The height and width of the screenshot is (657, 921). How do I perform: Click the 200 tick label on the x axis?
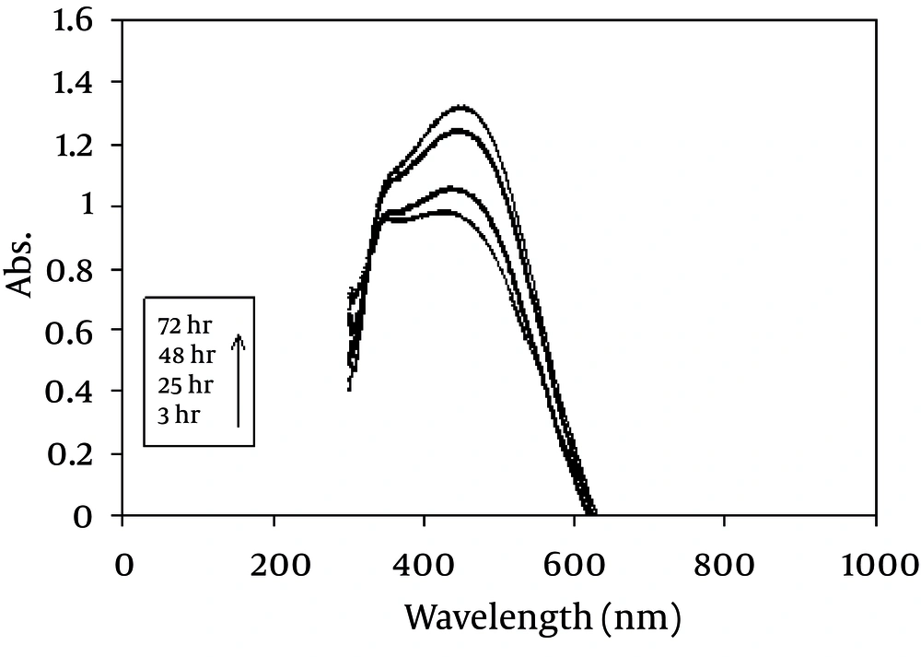[x=274, y=563]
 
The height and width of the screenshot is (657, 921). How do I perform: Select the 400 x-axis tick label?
[x=424, y=563]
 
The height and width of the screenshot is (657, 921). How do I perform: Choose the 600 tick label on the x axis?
[x=574, y=563]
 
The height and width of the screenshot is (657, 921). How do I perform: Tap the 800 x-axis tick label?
[x=724, y=563]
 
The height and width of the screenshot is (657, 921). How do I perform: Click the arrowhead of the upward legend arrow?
[x=238, y=338]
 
